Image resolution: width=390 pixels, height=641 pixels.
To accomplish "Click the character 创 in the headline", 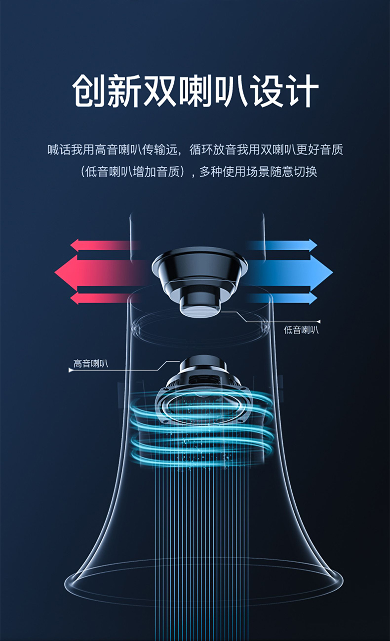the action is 89,91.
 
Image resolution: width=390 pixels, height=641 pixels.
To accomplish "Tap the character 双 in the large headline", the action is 159,91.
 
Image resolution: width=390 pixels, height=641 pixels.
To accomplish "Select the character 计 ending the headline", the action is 301,91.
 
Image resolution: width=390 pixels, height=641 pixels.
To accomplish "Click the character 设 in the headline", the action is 266,91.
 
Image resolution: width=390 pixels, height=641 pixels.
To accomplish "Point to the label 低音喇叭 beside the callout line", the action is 301,330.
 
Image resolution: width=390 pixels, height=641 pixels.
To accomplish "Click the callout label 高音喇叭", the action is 91,363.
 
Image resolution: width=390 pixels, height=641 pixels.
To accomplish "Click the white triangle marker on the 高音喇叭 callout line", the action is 71,370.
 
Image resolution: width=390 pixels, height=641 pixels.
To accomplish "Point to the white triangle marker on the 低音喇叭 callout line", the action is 319,322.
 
